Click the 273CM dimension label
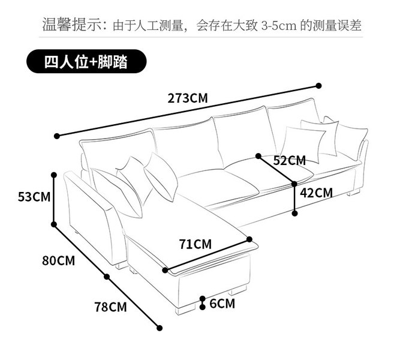188,98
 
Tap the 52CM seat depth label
289,160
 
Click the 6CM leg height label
222,304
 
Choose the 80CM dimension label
59,261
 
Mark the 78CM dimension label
110,307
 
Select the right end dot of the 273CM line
318,86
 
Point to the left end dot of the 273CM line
56,136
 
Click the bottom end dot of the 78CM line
160,328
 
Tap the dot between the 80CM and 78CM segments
107,277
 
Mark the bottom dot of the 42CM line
294,212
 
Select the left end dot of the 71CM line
166,270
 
